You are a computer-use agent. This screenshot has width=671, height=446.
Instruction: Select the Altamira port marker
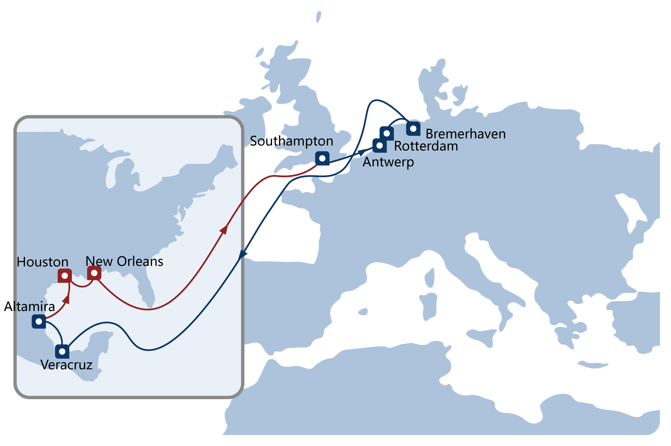(39, 321)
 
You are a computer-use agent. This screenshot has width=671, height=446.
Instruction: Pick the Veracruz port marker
(62, 351)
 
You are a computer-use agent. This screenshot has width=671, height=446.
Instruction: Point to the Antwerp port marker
(379, 146)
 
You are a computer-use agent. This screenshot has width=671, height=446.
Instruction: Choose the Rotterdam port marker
(387, 133)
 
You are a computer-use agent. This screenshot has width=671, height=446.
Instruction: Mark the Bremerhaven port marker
(413, 129)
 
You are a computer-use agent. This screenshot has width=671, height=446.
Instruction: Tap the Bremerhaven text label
(466, 134)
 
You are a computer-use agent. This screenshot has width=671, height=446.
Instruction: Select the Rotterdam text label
(426, 146)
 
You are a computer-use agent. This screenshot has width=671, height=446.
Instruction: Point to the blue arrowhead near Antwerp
(362, 153)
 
